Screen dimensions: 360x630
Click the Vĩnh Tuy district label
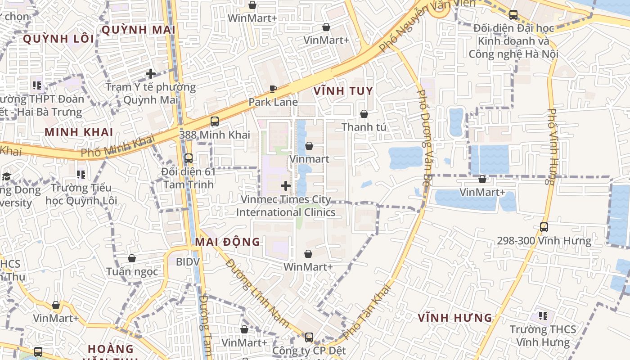click(343, 91)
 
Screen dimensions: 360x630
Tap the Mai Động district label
click(227, 242)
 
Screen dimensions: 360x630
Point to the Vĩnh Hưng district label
click(455, 318)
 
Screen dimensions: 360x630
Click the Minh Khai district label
click(79, 132)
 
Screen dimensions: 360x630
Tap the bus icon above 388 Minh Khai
click(215, 121)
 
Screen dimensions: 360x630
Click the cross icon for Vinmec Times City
click(286, 185)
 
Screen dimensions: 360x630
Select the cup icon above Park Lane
click(273, 89)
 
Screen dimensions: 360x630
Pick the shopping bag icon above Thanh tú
click(364, 114)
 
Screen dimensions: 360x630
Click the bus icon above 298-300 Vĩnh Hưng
click(544, 227)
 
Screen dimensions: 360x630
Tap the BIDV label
click(188, 261)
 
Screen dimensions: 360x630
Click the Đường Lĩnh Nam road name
click(257, 292)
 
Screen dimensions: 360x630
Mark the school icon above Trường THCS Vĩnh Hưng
click(543, 316)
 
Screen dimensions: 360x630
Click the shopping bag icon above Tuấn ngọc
click(132, 258)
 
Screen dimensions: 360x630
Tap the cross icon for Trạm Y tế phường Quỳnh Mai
click(151, 74)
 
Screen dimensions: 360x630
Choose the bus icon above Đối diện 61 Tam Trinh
click(189, 158)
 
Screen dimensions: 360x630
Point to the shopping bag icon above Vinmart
click(309, 146)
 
